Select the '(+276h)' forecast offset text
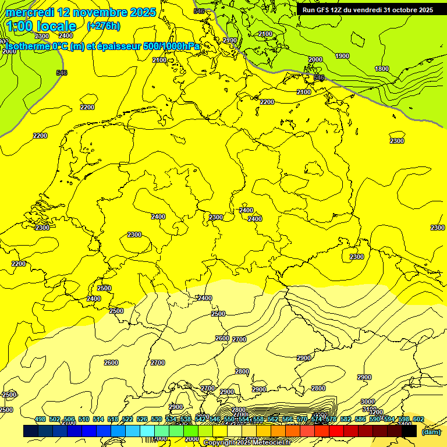tap(103, 26)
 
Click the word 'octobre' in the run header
tap(401, 10)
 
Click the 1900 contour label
tap(342, 56)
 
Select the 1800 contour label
tap(382, 69)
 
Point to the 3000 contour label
tap(367, 402)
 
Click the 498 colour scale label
tap(40, 420)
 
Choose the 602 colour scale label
tap(418, 420)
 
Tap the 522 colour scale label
tap(127, 420)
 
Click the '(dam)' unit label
tap(431, 432)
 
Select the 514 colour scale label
tap(98, 420)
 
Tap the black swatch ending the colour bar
tap(409, 431)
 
